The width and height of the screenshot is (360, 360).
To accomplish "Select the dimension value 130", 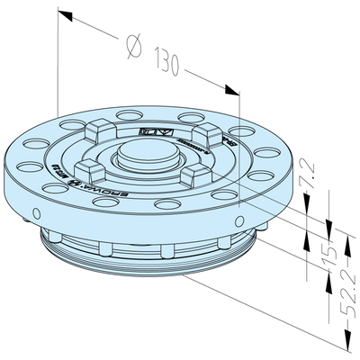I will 168,66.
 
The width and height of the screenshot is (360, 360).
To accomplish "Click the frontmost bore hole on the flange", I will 162,206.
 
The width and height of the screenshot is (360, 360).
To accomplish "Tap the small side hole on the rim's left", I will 37,212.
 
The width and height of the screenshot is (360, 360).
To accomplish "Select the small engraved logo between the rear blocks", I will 147,130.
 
